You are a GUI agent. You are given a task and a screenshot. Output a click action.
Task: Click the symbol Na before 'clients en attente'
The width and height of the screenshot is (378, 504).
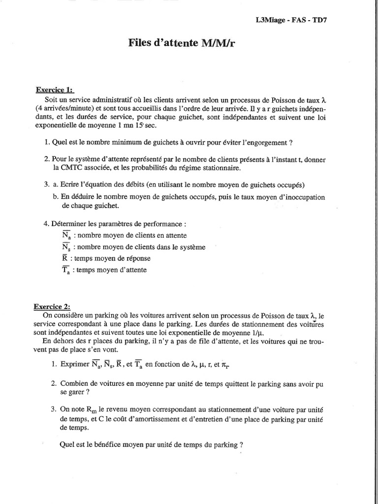(66, 236)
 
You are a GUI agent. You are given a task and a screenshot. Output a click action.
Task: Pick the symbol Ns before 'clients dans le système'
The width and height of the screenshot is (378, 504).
(66, 248)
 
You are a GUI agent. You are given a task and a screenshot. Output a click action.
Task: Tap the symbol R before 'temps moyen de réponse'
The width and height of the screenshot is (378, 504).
(65, 258)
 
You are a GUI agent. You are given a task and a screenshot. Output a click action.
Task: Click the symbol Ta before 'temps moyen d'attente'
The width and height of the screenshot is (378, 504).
(66, 270)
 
